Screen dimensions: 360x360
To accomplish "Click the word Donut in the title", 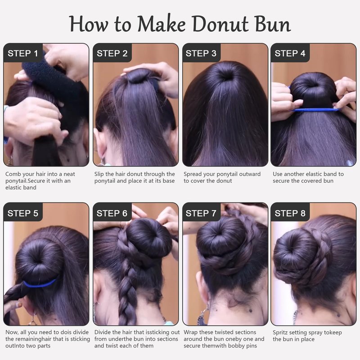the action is click(x=220, y=24).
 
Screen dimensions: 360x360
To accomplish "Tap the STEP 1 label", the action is click(x=23, y=54).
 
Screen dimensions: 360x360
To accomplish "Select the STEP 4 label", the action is click(x=290, y=54).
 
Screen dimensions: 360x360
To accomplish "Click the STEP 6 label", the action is click(x=112, y=213).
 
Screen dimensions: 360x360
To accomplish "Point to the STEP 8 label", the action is click(x=290, y=213).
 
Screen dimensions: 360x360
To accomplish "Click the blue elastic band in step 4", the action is click(x=316, y=110).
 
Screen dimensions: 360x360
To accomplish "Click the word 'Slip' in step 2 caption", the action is click(x=99, y=174).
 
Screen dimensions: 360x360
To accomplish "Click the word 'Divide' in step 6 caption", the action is click(x=103, y=332).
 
